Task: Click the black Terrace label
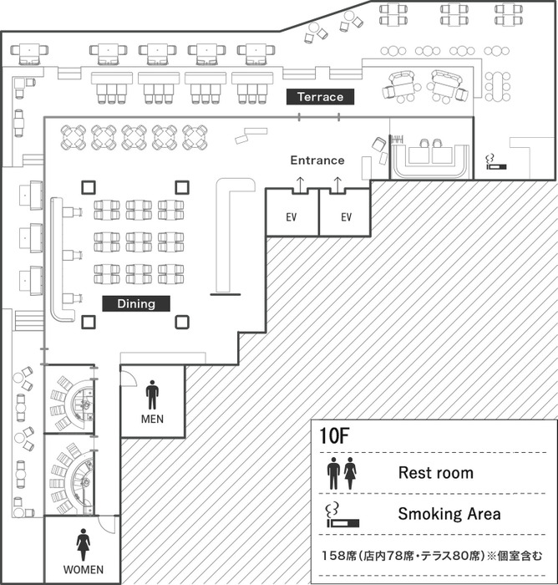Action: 320,97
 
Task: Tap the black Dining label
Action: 136,303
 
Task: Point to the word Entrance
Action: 317,160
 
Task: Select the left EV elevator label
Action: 292,217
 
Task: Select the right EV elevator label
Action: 346,217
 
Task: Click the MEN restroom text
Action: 152,419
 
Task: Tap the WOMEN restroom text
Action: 84,570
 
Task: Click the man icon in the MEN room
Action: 152,394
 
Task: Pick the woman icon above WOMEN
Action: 84,545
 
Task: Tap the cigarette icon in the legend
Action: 342,516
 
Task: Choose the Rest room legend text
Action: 436,473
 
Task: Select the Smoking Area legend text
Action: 449,514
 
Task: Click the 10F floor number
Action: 335,435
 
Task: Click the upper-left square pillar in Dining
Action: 89,187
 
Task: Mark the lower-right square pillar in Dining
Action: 182,322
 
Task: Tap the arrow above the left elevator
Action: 300,185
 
